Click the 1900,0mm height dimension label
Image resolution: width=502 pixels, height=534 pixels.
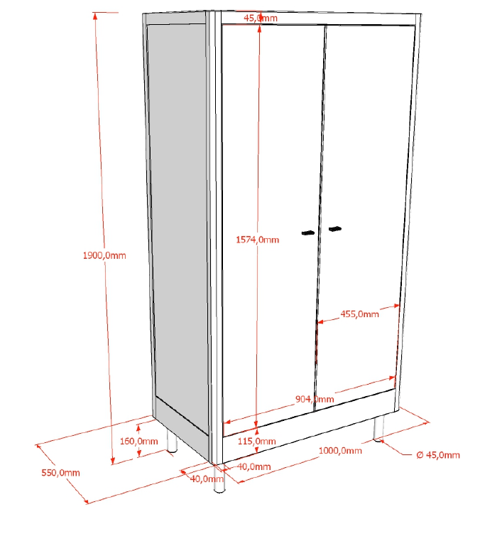point(104,255)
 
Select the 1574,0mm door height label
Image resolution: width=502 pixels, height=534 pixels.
point(258,240)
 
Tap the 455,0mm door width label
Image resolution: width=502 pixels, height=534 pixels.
point(359,314)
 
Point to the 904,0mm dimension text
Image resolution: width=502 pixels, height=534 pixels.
point(315,399)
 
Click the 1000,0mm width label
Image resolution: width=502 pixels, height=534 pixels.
point(340,451)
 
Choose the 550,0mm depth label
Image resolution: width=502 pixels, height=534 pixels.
point(60,473)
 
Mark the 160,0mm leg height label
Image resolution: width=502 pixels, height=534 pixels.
point(138,442)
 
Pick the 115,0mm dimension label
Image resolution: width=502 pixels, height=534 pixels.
point(256,442)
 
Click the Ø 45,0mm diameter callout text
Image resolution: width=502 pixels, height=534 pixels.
point(438,455)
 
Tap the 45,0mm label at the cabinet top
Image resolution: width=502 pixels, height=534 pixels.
point(261,18)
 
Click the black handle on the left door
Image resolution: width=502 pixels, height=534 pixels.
point(308,233)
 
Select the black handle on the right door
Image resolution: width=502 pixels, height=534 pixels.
point(335,229)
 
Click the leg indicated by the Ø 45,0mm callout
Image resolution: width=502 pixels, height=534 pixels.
point(378,429)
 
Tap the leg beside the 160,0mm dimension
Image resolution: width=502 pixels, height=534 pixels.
point(172,442)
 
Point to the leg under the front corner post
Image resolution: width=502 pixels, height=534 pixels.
point(219,479)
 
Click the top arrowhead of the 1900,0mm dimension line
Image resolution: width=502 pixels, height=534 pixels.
point(95,16)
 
